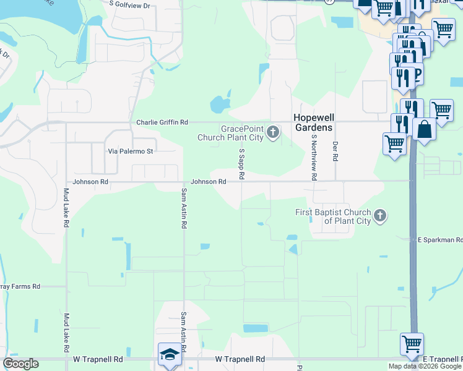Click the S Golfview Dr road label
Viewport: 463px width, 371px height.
click(x=130, y=6)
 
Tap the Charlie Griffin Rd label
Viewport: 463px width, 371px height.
click(x=162, y=123)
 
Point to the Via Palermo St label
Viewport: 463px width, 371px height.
click(x=130, y=151)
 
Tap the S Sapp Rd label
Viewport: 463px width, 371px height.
click(x=241, y=163)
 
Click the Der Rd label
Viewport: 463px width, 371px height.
click(x=335, y=151)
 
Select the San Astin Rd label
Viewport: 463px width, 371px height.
click(x=184, y=208)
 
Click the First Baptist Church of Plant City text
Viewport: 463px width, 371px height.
click(x=332, y=216)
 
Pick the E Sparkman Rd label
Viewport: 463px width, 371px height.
click(x=439, y=239)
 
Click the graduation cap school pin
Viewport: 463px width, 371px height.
click(x=169, y=354)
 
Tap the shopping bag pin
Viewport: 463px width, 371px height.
click(x=425, y=130)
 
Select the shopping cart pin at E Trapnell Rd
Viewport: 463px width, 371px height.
click(x=412, y=343)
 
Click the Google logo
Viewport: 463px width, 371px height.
click(x=20, y=364)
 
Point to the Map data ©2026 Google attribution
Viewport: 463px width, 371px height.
click(x=425, y=366)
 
